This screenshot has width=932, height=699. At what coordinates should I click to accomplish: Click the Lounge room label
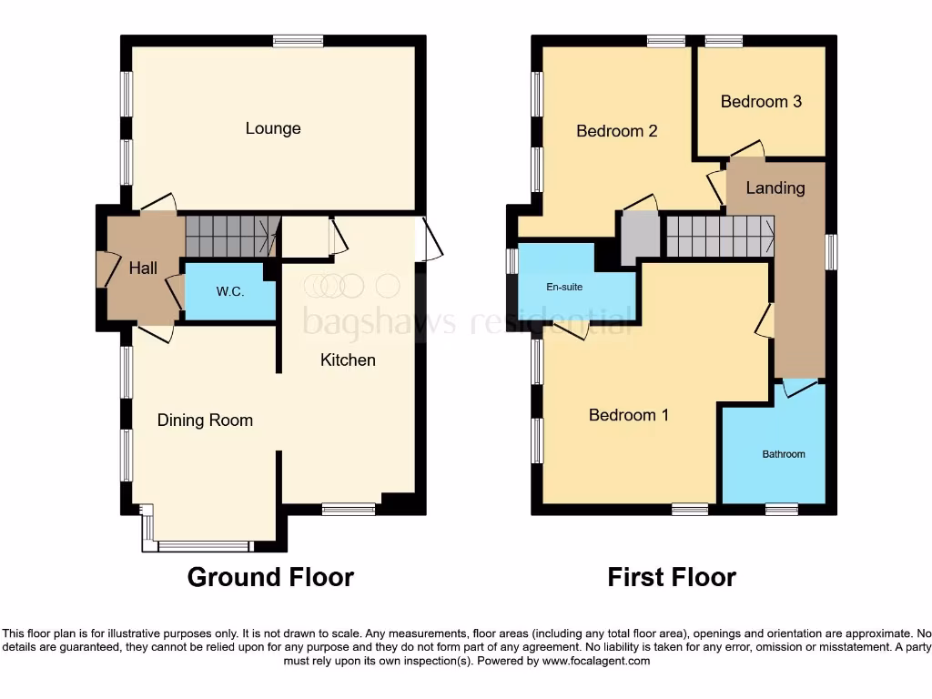[273, 128]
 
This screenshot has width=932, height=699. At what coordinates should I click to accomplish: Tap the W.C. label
[229, 292]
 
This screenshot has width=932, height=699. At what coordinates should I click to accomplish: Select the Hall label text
[143, 268]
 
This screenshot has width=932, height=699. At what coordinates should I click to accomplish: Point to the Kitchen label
[348, 360]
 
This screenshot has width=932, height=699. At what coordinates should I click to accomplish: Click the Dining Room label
[205, 420]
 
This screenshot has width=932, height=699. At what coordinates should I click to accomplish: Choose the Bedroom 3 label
[761, 101]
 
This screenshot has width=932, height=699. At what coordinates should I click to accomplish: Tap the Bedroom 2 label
[617, 131]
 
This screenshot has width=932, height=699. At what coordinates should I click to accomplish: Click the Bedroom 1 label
[629, 415]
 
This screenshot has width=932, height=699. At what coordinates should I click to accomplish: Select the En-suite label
[564, 288]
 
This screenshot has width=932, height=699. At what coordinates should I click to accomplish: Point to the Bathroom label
[784, 453]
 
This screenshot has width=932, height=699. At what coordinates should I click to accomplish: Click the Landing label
[775, 188]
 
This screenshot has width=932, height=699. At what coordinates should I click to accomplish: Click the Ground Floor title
[270, 577]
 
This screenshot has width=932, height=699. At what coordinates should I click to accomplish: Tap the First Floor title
[672, 577]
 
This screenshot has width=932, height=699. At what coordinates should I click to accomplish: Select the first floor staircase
[720, 236]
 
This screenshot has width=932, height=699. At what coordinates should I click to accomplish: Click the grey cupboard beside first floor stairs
[641, 238]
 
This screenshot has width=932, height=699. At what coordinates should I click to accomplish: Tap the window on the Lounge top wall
[298, 40]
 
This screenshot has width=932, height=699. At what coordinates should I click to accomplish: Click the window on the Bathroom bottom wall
[781, 510]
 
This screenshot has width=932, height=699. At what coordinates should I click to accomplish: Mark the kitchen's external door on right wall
[428, 239]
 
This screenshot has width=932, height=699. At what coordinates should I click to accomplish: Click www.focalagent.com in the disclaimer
[595, 661]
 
